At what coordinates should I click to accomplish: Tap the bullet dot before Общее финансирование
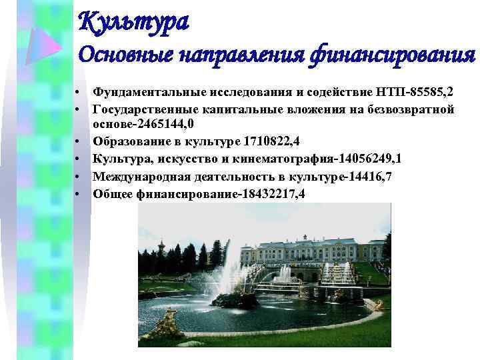[78, 194]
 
